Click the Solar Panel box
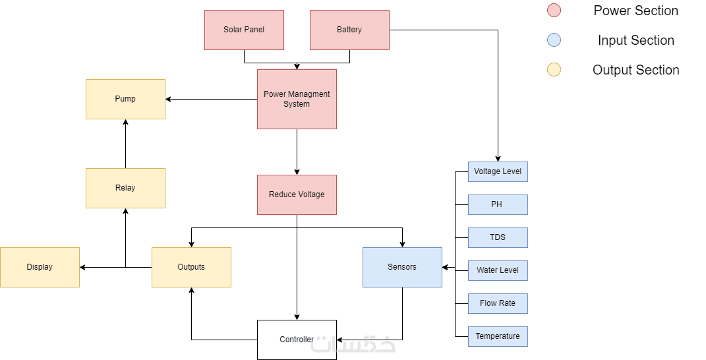pyautogui.click(x=244, y=30)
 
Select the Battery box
pyautogui.click(x=349, y=30)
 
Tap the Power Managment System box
pyautogui.click(x=297, y=99)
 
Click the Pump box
pyautogui.click(x=125, y=99)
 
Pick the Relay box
pyautogui.click(x=125, y=188)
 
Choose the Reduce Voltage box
pyautogui.click(x=297, y=195)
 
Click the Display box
pyautogui.click(x=40, y=267)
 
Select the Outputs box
pyautogui.click(x=191, y=267)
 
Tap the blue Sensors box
pyautogui.click(x=402, y=267)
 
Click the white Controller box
pyautogui.click(x=297, y=340)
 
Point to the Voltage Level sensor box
pyautogui.click(x=498, y=171)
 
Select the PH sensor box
pyautogui.click(x=498, y=204)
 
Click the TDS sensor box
pyautogui.click(x=498, y=237)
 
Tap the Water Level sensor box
pyautogui.click(x=498, y=270)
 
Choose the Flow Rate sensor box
pyautogui.click(x=498, y=303)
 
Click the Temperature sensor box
pyautogui.click(x=498, y=336)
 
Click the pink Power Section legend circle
pyautogui.click(x=554, y=11)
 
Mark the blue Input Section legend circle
pyautogui.click(x=554, y=40)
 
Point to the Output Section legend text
pyautogui.click(x=635, y=70)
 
